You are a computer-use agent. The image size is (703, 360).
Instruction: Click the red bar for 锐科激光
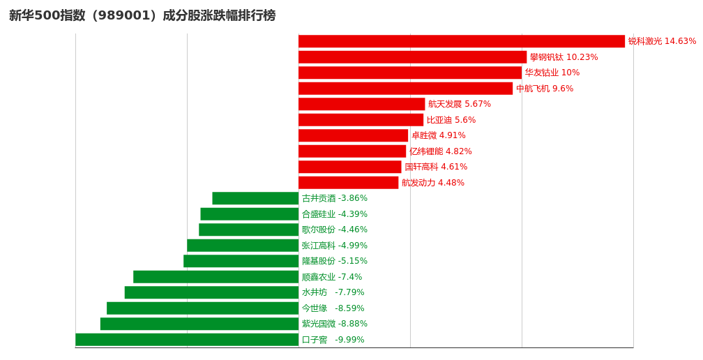pyautogui.click(x=461, y=41)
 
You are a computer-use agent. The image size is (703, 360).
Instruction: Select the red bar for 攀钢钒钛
pyautogui.click(x=412, y=57)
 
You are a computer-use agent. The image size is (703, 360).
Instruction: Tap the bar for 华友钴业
pyautogui.click(x=409, y=73)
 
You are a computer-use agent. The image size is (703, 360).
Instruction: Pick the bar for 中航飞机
pyautogui.click(x=405, y=89)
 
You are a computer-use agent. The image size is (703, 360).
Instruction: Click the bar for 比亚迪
pyautogui.click(x=361, y=120)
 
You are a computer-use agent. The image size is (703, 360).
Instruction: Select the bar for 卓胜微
pyautogui.click(x=353, y=135)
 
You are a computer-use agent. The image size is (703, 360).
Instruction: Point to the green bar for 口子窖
pyautogui.click(x=187, y=340)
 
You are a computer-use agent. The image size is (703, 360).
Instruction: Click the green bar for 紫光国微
pyautogui.click(x=199, y=324)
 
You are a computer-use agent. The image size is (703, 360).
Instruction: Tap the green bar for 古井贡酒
pyautogui.click(x=255, y=198)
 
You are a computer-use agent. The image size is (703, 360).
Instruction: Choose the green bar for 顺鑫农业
pyautogui.click(x=216, y=277)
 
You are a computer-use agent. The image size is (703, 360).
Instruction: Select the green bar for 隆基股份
pyautogui.click(x=241, y=261)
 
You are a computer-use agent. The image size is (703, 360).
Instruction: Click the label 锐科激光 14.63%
pyautogui.click(x=662, y=41)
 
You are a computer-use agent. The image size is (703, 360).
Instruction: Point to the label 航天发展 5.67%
pyautogui.click(x=460, y=104)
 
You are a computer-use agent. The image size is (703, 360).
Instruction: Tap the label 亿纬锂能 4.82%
pyautogui.click(x=441, y=151)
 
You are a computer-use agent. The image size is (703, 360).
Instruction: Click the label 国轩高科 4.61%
pyautogui.click(x=436, y=167)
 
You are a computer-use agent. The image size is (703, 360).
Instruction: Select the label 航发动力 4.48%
pyautogui.click(x=433, y=183)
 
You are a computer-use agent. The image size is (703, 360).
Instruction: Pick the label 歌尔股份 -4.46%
pyautogui.click(x=335, y=230)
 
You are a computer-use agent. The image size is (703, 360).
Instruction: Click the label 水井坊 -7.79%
pyautogui.click(x=333, y=292)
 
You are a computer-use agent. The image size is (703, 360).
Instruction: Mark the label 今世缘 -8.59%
pyautogui.click(x=333, y=308)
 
